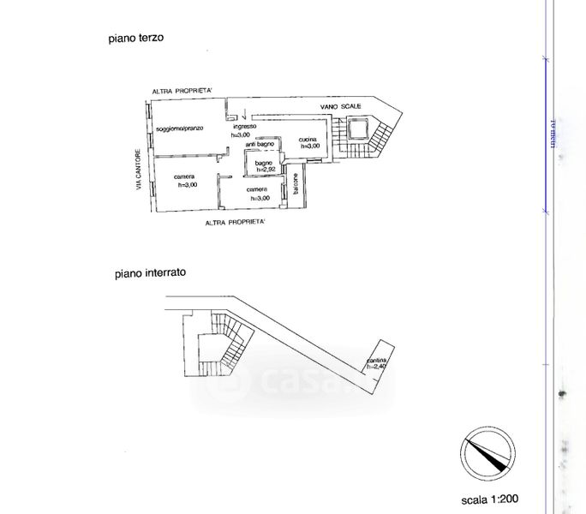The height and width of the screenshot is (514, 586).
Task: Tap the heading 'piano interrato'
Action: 151,274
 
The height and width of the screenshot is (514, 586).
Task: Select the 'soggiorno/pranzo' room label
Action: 179,128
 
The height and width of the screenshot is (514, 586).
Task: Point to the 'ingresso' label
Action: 244,127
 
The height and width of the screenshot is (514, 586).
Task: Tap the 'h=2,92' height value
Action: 263,169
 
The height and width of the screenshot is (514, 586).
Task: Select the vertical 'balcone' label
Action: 296,192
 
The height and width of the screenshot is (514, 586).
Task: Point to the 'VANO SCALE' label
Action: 340,105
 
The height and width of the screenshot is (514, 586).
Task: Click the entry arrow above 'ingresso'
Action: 243,116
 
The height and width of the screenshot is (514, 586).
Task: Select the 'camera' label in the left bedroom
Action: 182,177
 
